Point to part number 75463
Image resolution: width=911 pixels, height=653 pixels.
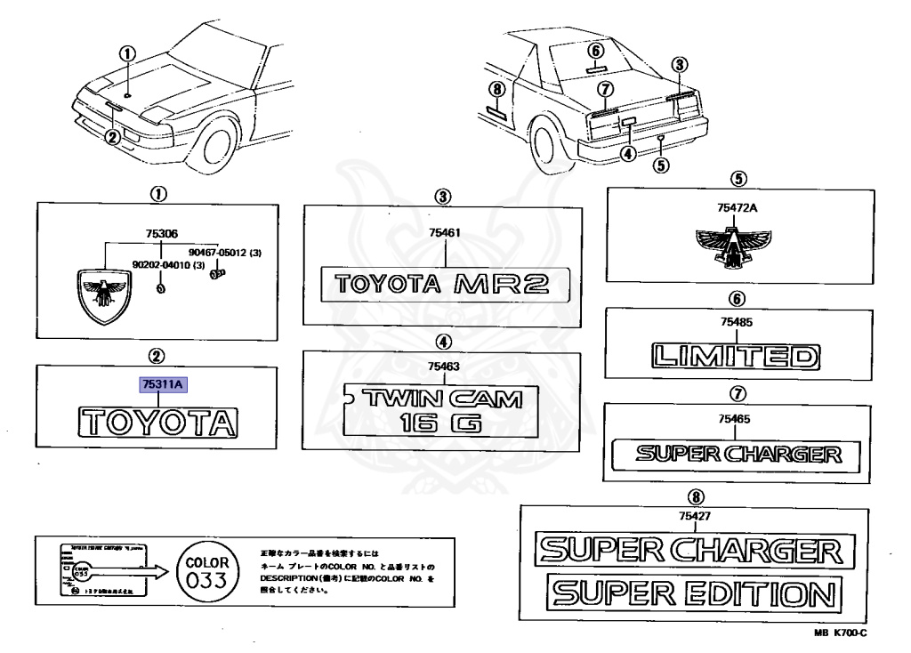click(443, 365)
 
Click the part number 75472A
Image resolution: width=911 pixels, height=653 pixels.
click(735, 209)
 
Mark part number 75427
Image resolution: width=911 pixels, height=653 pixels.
click(693, 514)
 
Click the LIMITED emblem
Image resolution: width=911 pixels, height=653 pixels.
click(734, 357)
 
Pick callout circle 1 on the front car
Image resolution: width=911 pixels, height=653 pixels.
click(127, 54)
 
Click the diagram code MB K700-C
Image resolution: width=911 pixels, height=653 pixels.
click(839, 633)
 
